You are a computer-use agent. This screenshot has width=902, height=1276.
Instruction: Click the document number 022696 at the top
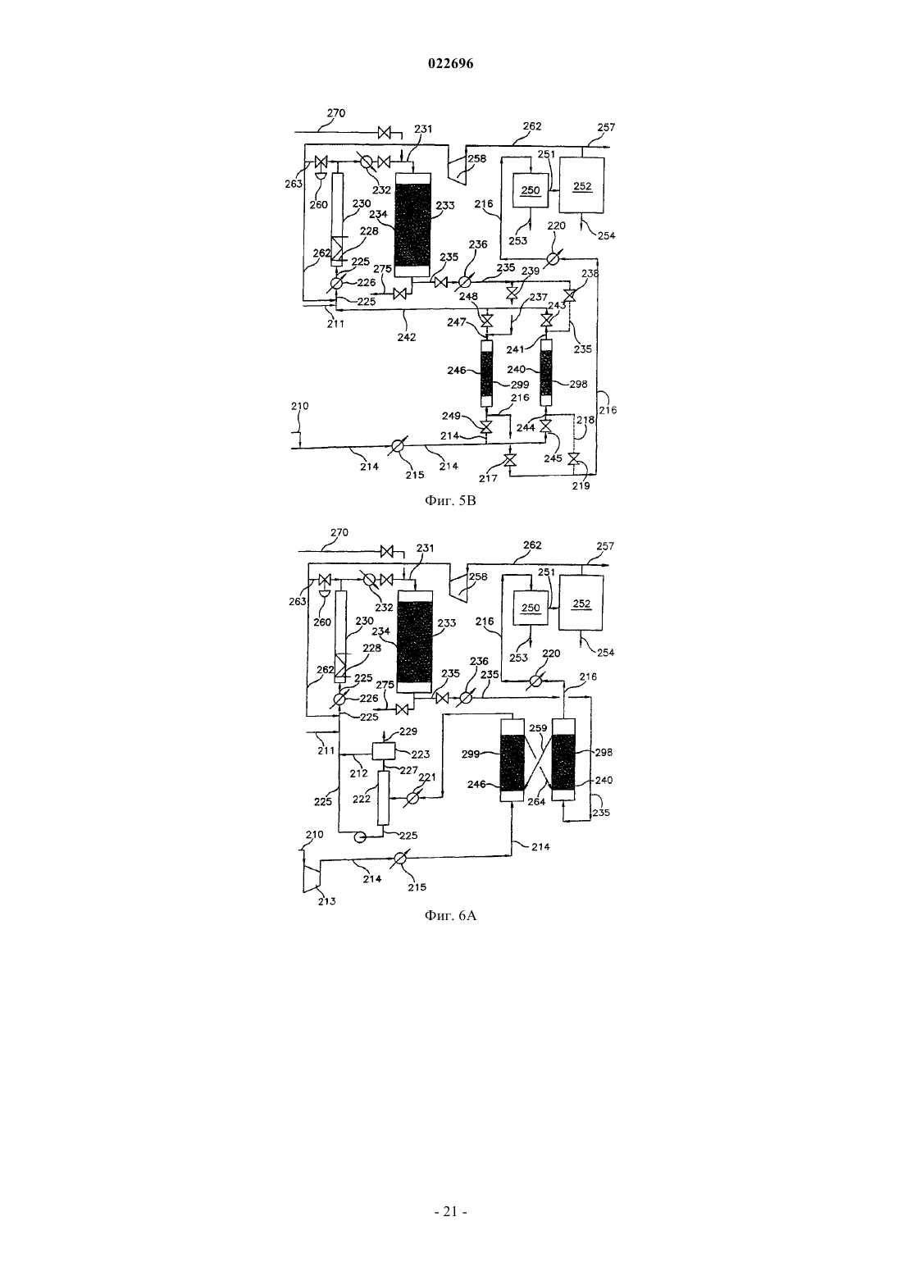point(450,63)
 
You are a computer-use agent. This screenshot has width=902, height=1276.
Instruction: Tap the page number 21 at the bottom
point(450,1211)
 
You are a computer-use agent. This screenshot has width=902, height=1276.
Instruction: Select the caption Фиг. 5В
point(450,501)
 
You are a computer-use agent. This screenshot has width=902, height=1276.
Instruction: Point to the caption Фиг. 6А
point(450,915)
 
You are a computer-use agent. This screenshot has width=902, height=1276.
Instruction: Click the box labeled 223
point(383,751)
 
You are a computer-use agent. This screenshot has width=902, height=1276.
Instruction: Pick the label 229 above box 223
point(408,731)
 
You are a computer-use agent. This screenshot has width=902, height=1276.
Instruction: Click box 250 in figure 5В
point(531,189)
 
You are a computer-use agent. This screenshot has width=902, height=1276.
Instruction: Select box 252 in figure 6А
point(581,604)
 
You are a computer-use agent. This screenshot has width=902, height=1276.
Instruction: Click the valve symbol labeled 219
point(574,459)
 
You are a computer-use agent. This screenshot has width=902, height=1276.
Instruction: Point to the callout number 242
point(407,337)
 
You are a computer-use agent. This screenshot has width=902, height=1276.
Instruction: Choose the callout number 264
point(536,801)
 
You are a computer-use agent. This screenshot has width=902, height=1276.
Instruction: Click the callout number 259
point(538,728)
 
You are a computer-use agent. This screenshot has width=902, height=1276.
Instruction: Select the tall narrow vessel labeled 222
point(384,797)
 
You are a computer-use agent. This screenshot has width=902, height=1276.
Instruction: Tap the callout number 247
point(456,322)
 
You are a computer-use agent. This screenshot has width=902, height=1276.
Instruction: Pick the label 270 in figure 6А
point(339,532)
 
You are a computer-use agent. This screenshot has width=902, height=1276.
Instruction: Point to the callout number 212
point(359,773)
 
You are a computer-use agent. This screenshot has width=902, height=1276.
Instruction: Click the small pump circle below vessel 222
point(359,836)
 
